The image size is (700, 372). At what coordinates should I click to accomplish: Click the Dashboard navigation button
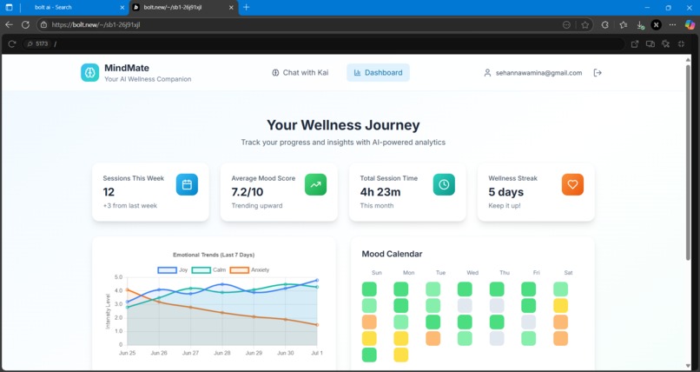click(x=378, y=73)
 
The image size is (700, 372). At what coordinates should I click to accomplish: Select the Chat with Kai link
click(x=300, y=73)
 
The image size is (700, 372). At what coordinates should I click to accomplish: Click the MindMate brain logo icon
click(x=90, y=73)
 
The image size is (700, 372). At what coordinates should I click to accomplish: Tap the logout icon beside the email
click(x=597, y=73)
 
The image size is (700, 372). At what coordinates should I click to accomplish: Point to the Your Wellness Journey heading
click(x=343, y=125)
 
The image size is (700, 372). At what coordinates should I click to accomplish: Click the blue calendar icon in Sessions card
click(x=187, y=184)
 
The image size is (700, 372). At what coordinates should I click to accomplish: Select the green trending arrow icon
click(x=315, y=184)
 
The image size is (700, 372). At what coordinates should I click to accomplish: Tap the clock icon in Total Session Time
click(x=444, y=184)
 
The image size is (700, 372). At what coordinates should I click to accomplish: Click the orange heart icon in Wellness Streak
click(x=572, y=184)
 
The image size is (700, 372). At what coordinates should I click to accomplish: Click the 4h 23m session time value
click(x=380, y=191)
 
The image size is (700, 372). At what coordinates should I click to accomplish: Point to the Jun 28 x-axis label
click(x=222, y=353)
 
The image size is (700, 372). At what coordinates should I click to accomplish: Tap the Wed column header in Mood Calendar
click(x=472, y=273)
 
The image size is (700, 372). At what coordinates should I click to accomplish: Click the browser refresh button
click(x=25, y=25)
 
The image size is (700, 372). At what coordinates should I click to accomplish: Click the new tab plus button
click(x=246, y=7)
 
